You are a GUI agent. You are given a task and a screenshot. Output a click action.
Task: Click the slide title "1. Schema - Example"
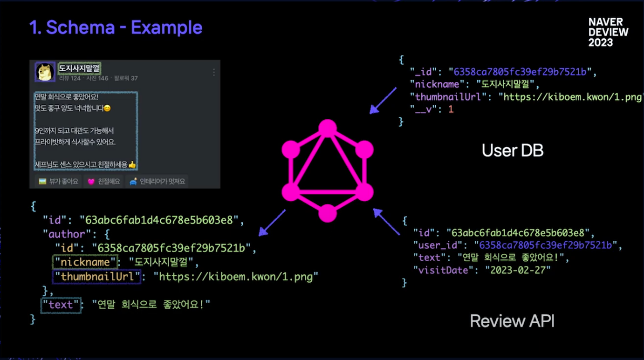116,28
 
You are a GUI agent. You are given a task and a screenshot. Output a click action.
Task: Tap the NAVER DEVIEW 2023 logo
608,33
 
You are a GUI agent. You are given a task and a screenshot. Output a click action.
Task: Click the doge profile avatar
45,72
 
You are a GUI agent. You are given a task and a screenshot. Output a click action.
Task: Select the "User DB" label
512,150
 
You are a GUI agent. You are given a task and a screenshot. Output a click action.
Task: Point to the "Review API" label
512,321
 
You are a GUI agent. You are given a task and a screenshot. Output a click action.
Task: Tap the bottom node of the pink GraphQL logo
327,213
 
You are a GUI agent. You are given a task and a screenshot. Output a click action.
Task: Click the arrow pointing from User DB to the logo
383,100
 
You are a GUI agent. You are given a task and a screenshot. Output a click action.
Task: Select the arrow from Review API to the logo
386,221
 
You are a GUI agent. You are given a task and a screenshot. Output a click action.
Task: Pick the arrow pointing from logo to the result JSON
272,223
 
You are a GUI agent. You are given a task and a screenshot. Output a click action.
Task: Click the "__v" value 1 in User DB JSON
451,109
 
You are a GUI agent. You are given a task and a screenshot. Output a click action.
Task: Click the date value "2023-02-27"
518,270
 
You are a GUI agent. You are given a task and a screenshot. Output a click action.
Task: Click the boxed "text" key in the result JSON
61,305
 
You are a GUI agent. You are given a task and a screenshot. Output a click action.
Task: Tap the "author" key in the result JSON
64,234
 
